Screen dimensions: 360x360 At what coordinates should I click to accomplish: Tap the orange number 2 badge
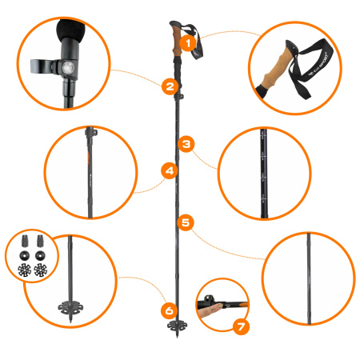click(169, 86)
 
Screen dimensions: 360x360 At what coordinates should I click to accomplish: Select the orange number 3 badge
click(186, 144)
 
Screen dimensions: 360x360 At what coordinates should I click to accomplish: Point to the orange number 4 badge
click(169, 170)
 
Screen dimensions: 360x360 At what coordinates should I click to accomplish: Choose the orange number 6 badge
click(168, 309)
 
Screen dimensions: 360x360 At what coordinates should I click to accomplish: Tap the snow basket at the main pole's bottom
click(177, 326)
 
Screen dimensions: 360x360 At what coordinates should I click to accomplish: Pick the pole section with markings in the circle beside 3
click(263, 172)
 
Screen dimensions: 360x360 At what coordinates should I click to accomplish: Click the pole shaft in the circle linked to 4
click(90, 172)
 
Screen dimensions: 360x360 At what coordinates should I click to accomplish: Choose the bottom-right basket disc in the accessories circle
click(39, 270)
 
